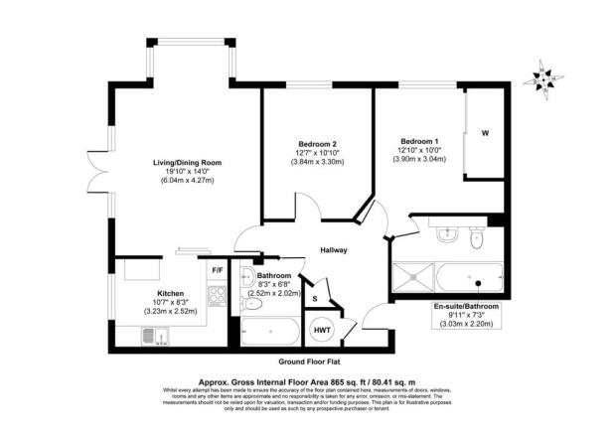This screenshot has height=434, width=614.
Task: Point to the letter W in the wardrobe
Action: [485, 133]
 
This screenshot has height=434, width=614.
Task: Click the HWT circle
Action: [323, 330]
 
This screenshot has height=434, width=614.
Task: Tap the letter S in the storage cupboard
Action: [315, 298]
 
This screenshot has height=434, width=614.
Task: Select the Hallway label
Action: [333, 250]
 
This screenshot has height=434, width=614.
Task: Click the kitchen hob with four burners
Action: [215, 295]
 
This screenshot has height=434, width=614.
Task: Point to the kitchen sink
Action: [151, 338]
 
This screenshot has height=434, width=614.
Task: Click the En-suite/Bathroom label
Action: [466, 307]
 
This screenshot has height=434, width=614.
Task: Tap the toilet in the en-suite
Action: [476, 238]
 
